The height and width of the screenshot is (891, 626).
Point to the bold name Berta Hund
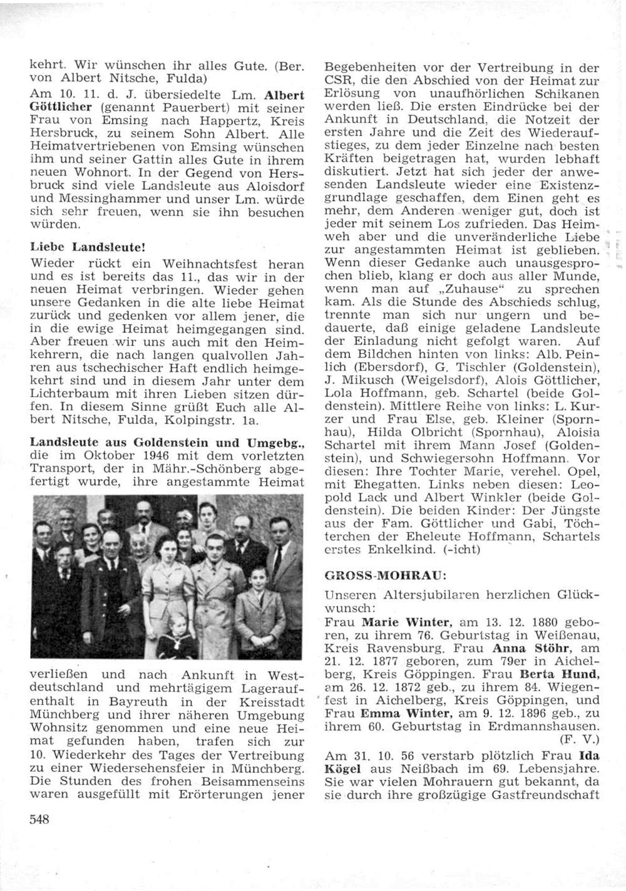click(552, 674)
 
